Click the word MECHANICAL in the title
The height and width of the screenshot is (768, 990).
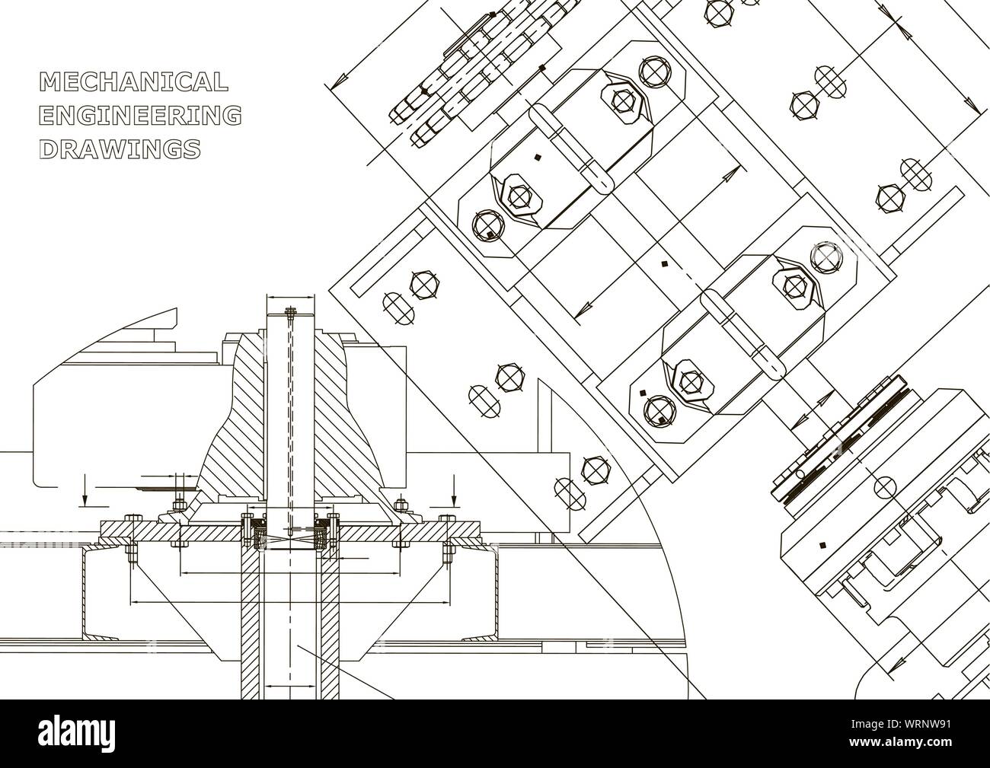point(133,81)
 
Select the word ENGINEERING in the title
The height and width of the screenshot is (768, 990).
point(139,116)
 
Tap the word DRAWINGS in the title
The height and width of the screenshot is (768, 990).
point(120,149)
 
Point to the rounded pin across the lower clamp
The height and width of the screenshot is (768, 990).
point(742,335)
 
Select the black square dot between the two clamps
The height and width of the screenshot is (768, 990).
point(664,264)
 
